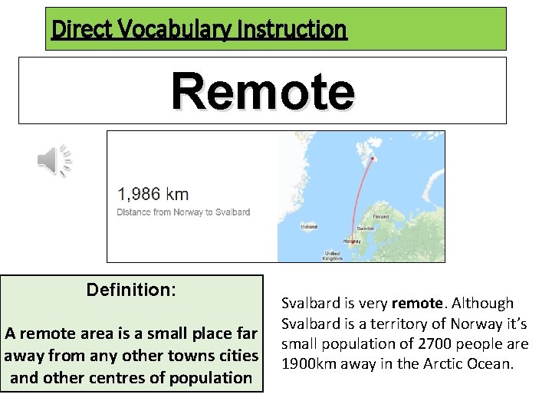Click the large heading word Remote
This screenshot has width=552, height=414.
coord(263,91)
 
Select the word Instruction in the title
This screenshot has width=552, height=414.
coord(301,30)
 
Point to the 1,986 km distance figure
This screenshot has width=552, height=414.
coord(153,195)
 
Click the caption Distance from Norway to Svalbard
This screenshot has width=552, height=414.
coord(183,212)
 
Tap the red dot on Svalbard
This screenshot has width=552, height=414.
coord(373,159)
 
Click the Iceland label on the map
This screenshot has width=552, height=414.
coord(308,227)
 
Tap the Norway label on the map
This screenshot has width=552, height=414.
coord(351,241)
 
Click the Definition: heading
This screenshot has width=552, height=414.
coord(131,291)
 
